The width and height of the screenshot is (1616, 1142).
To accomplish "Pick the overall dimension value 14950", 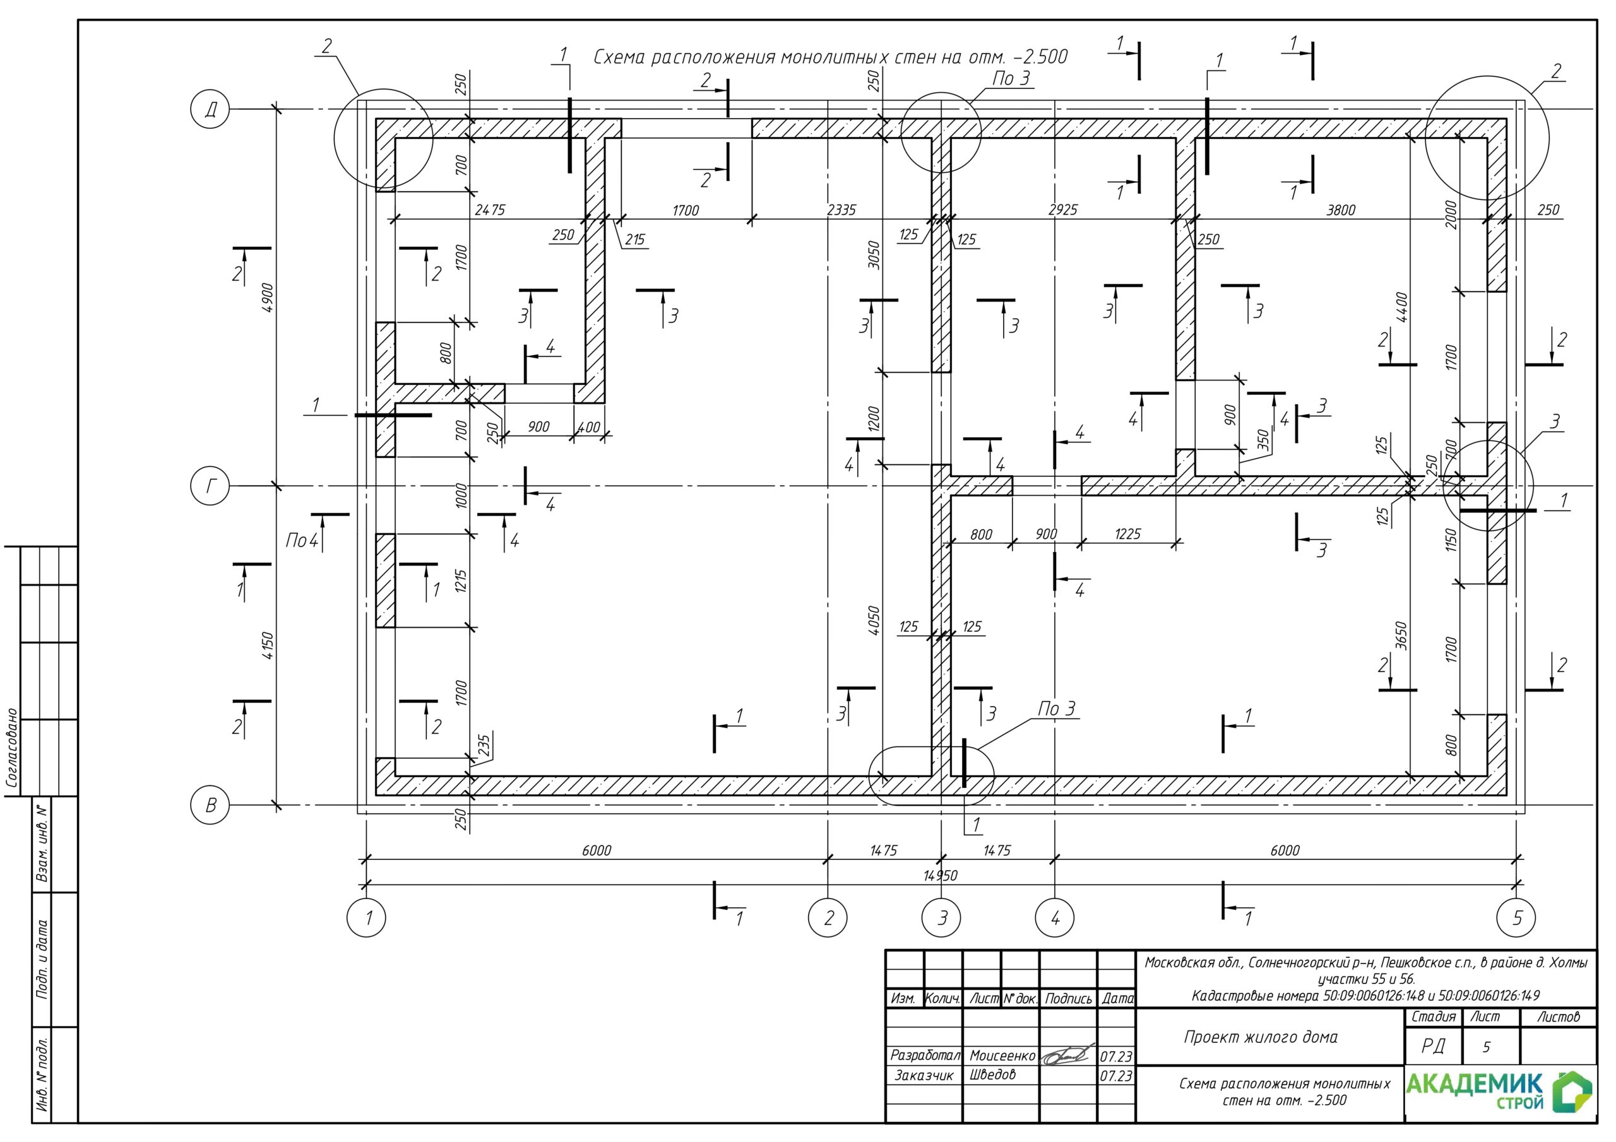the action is pos(941,875).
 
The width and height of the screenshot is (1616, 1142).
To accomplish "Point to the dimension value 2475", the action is pos(490,209).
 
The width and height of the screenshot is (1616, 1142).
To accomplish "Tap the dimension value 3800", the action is pos(1340,209).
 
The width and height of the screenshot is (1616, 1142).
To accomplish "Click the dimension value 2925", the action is pos(1063,209).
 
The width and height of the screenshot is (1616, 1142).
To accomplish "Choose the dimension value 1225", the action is pos(1127,534).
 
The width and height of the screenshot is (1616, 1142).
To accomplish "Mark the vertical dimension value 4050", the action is pos(874,621).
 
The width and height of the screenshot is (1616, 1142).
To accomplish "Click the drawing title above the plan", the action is pos(831,57).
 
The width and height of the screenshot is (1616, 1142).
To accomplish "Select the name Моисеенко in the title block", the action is pos(1002,1056).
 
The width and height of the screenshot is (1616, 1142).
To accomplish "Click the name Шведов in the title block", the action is pos(992,1074).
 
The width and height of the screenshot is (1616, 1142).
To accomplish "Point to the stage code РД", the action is pos(1433,1046).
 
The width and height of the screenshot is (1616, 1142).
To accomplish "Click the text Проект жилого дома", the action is pos(1261,1037).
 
